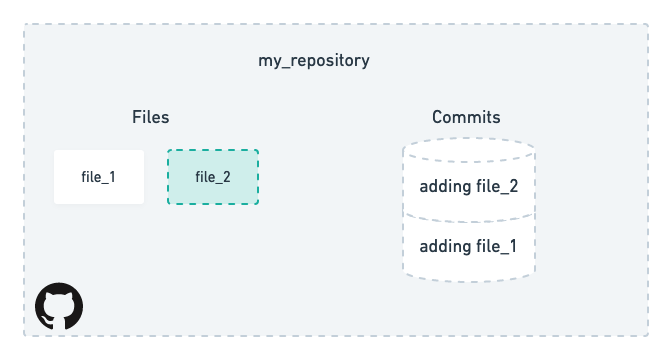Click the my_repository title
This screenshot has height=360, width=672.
click(314, 61)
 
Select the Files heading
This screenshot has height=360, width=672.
click(151, 117)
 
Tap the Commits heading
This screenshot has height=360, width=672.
click(466, 117)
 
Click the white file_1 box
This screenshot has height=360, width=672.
click(99, 177)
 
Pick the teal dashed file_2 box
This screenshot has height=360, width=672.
click(213, 177)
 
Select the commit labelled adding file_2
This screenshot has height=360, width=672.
click(468, 186)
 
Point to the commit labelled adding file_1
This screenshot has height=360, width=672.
click(468, 246)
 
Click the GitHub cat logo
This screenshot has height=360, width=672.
click(59, 306)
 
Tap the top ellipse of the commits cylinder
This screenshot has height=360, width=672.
click(468, 150)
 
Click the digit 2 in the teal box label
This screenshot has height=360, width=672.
click(227, 177)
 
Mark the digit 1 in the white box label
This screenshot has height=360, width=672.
click(112, 177)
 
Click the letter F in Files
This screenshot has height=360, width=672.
click(136, 117)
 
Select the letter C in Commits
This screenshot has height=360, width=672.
click(438, 117)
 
